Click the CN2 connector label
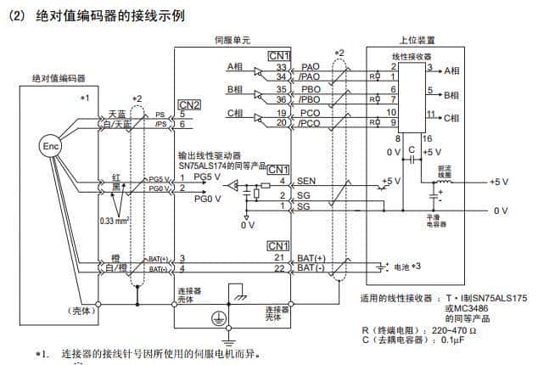[189, 105]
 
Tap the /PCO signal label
[309, 123]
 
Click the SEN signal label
[305, 182]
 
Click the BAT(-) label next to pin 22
[311, 268]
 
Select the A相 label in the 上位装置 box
[451, 70]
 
